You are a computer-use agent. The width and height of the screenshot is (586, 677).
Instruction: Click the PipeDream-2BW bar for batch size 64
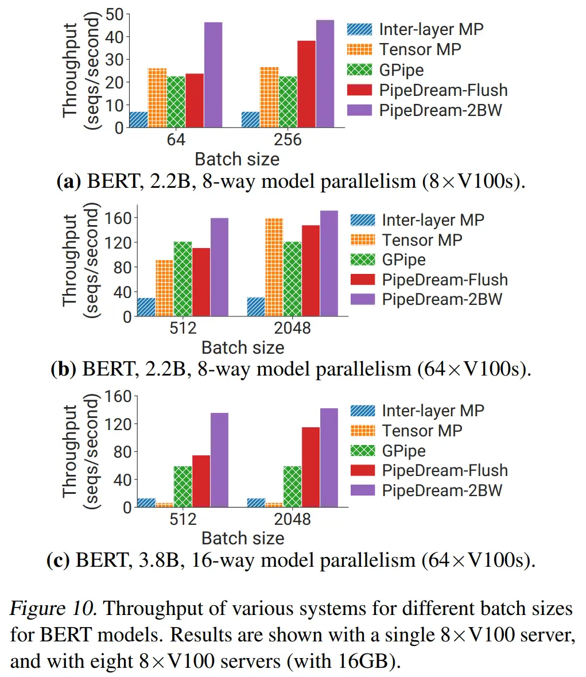(213, 75)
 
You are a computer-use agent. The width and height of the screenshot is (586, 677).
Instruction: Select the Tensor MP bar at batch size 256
(269, 97)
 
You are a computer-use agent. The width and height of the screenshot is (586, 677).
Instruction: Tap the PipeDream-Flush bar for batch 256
(306, 84)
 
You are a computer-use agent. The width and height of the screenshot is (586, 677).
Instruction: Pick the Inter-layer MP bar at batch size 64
(138, 119)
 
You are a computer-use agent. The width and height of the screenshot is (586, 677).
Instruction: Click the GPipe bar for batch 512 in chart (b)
(183, 279)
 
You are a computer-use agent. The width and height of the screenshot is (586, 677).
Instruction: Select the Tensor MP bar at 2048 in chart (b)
(274, 267)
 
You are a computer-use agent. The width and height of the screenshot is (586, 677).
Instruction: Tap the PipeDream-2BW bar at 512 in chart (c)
(219, 460)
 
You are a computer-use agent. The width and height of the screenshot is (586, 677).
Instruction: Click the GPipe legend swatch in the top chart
(360, 70)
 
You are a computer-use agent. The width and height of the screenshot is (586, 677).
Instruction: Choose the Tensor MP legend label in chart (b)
(422, 240)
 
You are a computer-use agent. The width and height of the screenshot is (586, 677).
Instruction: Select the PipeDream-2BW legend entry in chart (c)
(441, 490)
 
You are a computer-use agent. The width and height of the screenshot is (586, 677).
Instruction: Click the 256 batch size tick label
(288, 140)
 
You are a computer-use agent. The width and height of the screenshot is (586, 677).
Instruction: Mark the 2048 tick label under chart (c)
(292, 519)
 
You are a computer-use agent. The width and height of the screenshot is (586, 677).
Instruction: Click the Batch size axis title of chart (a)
(237, 159)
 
